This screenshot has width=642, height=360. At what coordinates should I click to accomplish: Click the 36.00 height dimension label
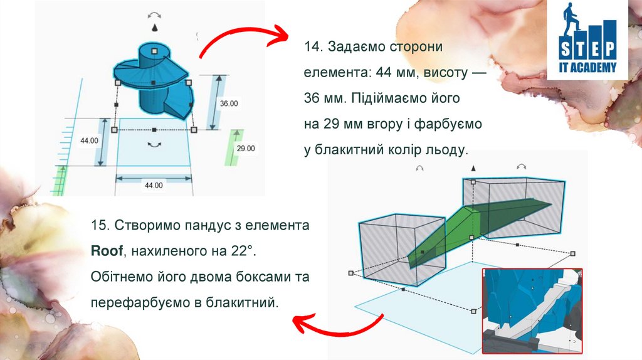(x=228, y=103)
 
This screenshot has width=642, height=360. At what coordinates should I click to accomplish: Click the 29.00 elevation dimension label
(x=245, y=149)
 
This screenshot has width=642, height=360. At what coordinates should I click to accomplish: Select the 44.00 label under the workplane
(x=154, y=186)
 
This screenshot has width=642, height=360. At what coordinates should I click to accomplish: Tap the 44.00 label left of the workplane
(x=89, y=141)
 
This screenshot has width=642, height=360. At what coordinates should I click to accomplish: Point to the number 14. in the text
(x=313, y=47)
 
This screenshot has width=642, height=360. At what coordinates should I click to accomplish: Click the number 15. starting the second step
(x=100, y=225)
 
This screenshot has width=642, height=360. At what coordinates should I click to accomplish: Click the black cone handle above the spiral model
(x=154, y=29)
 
